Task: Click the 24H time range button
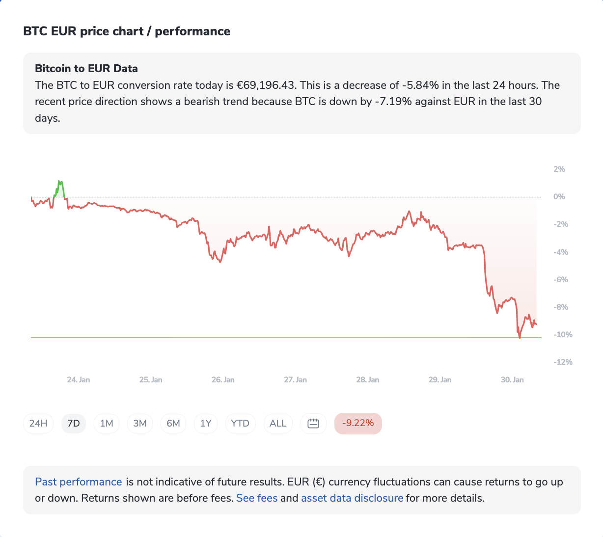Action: click(38, 423)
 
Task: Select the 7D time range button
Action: click(74, 423)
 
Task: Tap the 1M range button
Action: click(107, 423)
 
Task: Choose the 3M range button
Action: click(140, 423)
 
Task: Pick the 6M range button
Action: click(173, 423)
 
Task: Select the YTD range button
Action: click(240, 423)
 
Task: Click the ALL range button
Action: click(278, 423)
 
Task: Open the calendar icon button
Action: click(313, 423)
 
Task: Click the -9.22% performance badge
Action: click(358, 423)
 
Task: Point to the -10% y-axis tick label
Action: click(563, 335)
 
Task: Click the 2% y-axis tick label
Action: click(559, 169)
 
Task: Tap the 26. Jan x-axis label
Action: click(223, 380)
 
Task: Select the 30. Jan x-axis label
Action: click(512, 380)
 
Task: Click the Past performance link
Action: click(79, 482)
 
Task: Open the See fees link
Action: click(257, 498)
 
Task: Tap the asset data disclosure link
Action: click(352, 498)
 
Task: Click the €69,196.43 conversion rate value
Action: click(266, 85)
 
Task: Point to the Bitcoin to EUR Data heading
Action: click(86, 69)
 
